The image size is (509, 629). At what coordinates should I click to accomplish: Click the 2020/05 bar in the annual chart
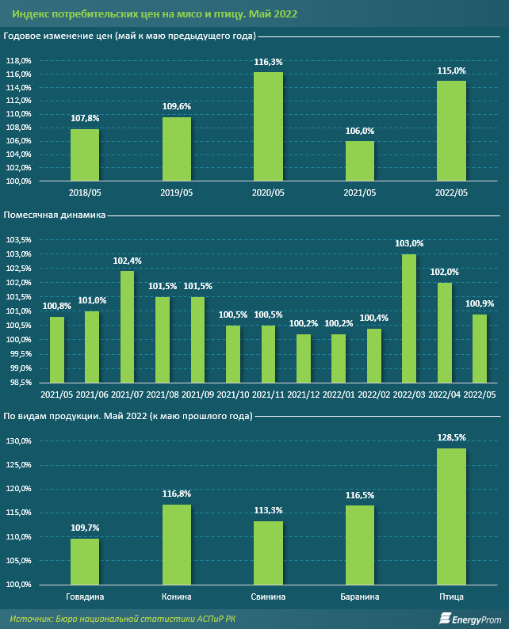tap(268, 127)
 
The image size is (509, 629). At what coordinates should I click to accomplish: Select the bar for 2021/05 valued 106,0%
tap(360, 161)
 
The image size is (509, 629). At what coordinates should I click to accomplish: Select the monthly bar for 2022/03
tap(409, 318)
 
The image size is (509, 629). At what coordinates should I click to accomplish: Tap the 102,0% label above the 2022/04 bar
tap(445, 273)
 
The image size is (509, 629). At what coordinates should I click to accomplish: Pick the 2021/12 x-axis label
tap(304, 394)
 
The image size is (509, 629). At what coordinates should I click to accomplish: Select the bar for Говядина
tap(85, 561)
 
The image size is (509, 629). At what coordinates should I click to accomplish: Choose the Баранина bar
tap(360, 544)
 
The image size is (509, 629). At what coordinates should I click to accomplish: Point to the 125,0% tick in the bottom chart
tap(18, 465)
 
